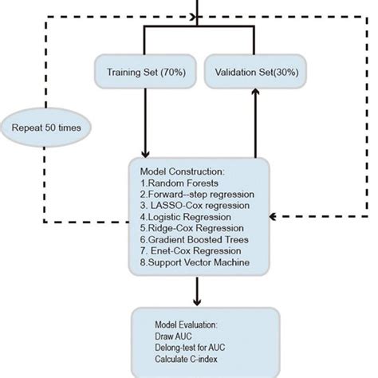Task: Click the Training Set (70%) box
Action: [x=144, y=71]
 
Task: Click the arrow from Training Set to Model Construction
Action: [x=145, y=120]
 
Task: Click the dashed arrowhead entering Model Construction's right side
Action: [x=274, y=215]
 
